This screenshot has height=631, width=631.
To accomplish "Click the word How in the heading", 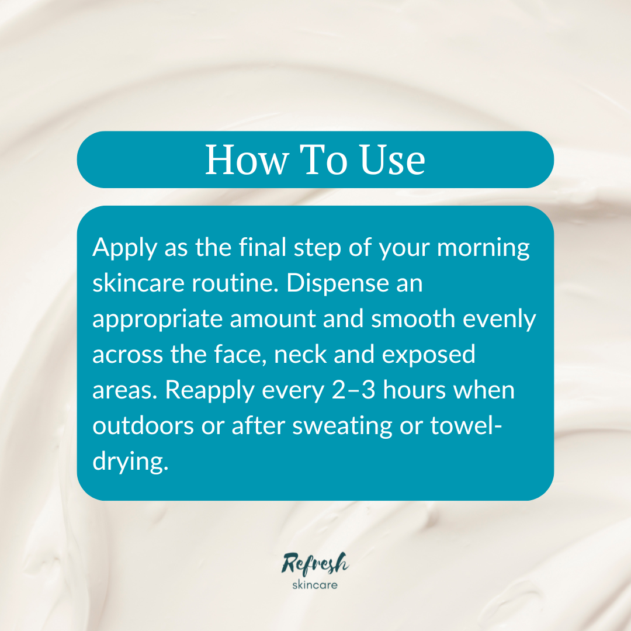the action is point(247,160).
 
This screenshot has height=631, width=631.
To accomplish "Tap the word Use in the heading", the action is point(392,160).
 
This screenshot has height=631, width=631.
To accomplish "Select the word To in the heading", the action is point(323,160).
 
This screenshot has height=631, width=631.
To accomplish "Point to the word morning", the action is point(483,248).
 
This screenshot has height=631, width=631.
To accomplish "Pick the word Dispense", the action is point(338,284).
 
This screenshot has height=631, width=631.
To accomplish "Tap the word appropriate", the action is point(157,320).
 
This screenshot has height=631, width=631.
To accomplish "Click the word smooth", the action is point(413,319).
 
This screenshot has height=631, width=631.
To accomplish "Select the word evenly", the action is point(499,320).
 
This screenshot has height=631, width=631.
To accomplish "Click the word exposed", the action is point(428,355).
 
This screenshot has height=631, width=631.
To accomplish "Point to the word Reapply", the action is point(210,391).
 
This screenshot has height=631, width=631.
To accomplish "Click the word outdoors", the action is point(143,426).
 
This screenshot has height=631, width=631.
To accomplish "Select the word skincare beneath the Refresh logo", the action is point(315,585).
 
